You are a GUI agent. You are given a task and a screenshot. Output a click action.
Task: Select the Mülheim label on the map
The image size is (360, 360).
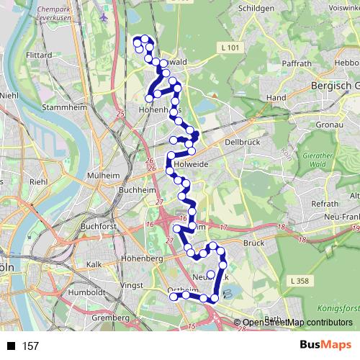(x=103, y=175)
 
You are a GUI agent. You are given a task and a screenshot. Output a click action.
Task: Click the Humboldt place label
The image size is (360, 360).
(x=87, y=293)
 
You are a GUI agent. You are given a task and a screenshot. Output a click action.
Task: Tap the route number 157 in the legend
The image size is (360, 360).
(x=30, y=346)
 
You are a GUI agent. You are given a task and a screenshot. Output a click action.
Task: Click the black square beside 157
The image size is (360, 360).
(x=12, y=346)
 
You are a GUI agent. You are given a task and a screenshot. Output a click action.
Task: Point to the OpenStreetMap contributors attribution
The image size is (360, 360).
(x=297, y=322)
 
